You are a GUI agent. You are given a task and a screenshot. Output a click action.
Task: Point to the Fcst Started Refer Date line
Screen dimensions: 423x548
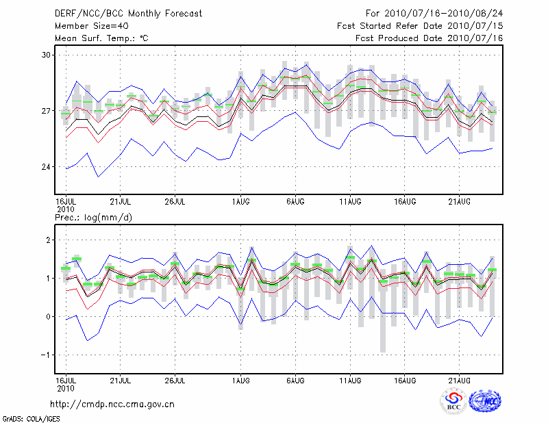point(420,25)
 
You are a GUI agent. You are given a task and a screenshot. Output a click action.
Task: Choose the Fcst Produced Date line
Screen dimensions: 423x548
point(429,38)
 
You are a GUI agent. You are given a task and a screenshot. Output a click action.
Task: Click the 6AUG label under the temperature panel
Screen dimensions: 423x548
point(295,202)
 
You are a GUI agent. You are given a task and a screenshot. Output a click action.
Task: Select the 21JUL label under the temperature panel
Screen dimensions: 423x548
point(121,202)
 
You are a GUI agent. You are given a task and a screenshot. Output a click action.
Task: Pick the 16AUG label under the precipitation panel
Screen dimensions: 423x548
point(405,380)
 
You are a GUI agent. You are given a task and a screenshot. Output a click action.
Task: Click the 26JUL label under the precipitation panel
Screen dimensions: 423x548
point(175,380)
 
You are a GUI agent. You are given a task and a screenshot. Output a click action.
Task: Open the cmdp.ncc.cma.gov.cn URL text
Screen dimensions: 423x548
point(112,404)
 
